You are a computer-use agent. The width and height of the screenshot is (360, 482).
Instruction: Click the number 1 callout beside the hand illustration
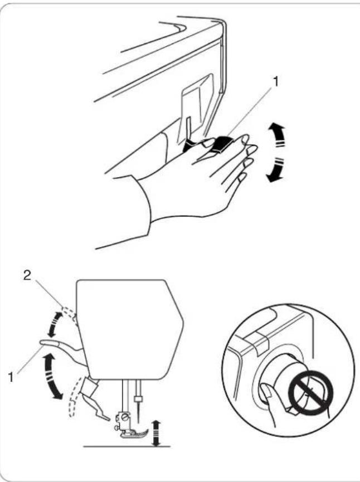276,81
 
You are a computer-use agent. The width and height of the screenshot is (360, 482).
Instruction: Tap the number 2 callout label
27,276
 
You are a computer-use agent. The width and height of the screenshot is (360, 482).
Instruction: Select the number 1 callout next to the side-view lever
11,377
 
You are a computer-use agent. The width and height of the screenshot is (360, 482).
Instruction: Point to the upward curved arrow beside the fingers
276,135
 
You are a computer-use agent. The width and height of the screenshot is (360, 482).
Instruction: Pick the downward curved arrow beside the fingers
276,170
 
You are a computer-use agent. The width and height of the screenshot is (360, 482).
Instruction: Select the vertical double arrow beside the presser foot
157,434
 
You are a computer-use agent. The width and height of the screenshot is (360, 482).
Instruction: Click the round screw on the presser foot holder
125,418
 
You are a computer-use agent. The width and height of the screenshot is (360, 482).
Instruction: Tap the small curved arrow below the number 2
53,324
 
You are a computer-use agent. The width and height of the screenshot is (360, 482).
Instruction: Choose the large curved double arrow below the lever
51,377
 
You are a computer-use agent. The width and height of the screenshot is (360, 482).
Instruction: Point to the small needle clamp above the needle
139,399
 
